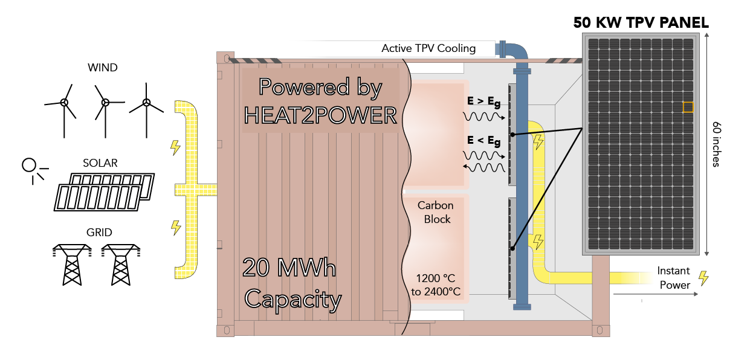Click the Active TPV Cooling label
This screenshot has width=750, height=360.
[x=428, y=48]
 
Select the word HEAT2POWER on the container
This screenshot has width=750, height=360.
[x=320, y=115]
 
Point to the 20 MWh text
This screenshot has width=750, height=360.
[x=289, y=268]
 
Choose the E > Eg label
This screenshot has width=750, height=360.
[x=483, y=102]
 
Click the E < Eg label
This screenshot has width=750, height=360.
[x=483, y=141]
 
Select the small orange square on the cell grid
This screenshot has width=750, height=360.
[x=688, y=107]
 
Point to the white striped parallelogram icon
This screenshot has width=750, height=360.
[x=98, y=198]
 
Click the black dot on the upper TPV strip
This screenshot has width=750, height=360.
[x=512, y=134]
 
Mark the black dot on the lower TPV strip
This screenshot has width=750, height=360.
[x=512, y=247]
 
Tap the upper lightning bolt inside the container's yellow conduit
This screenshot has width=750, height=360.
[x=537, y=142]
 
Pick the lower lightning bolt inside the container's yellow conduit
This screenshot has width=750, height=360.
[x=537, y=242]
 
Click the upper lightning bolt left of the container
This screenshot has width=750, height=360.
[x=175, y=147]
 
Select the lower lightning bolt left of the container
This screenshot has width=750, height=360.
[x=176, y=228]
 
